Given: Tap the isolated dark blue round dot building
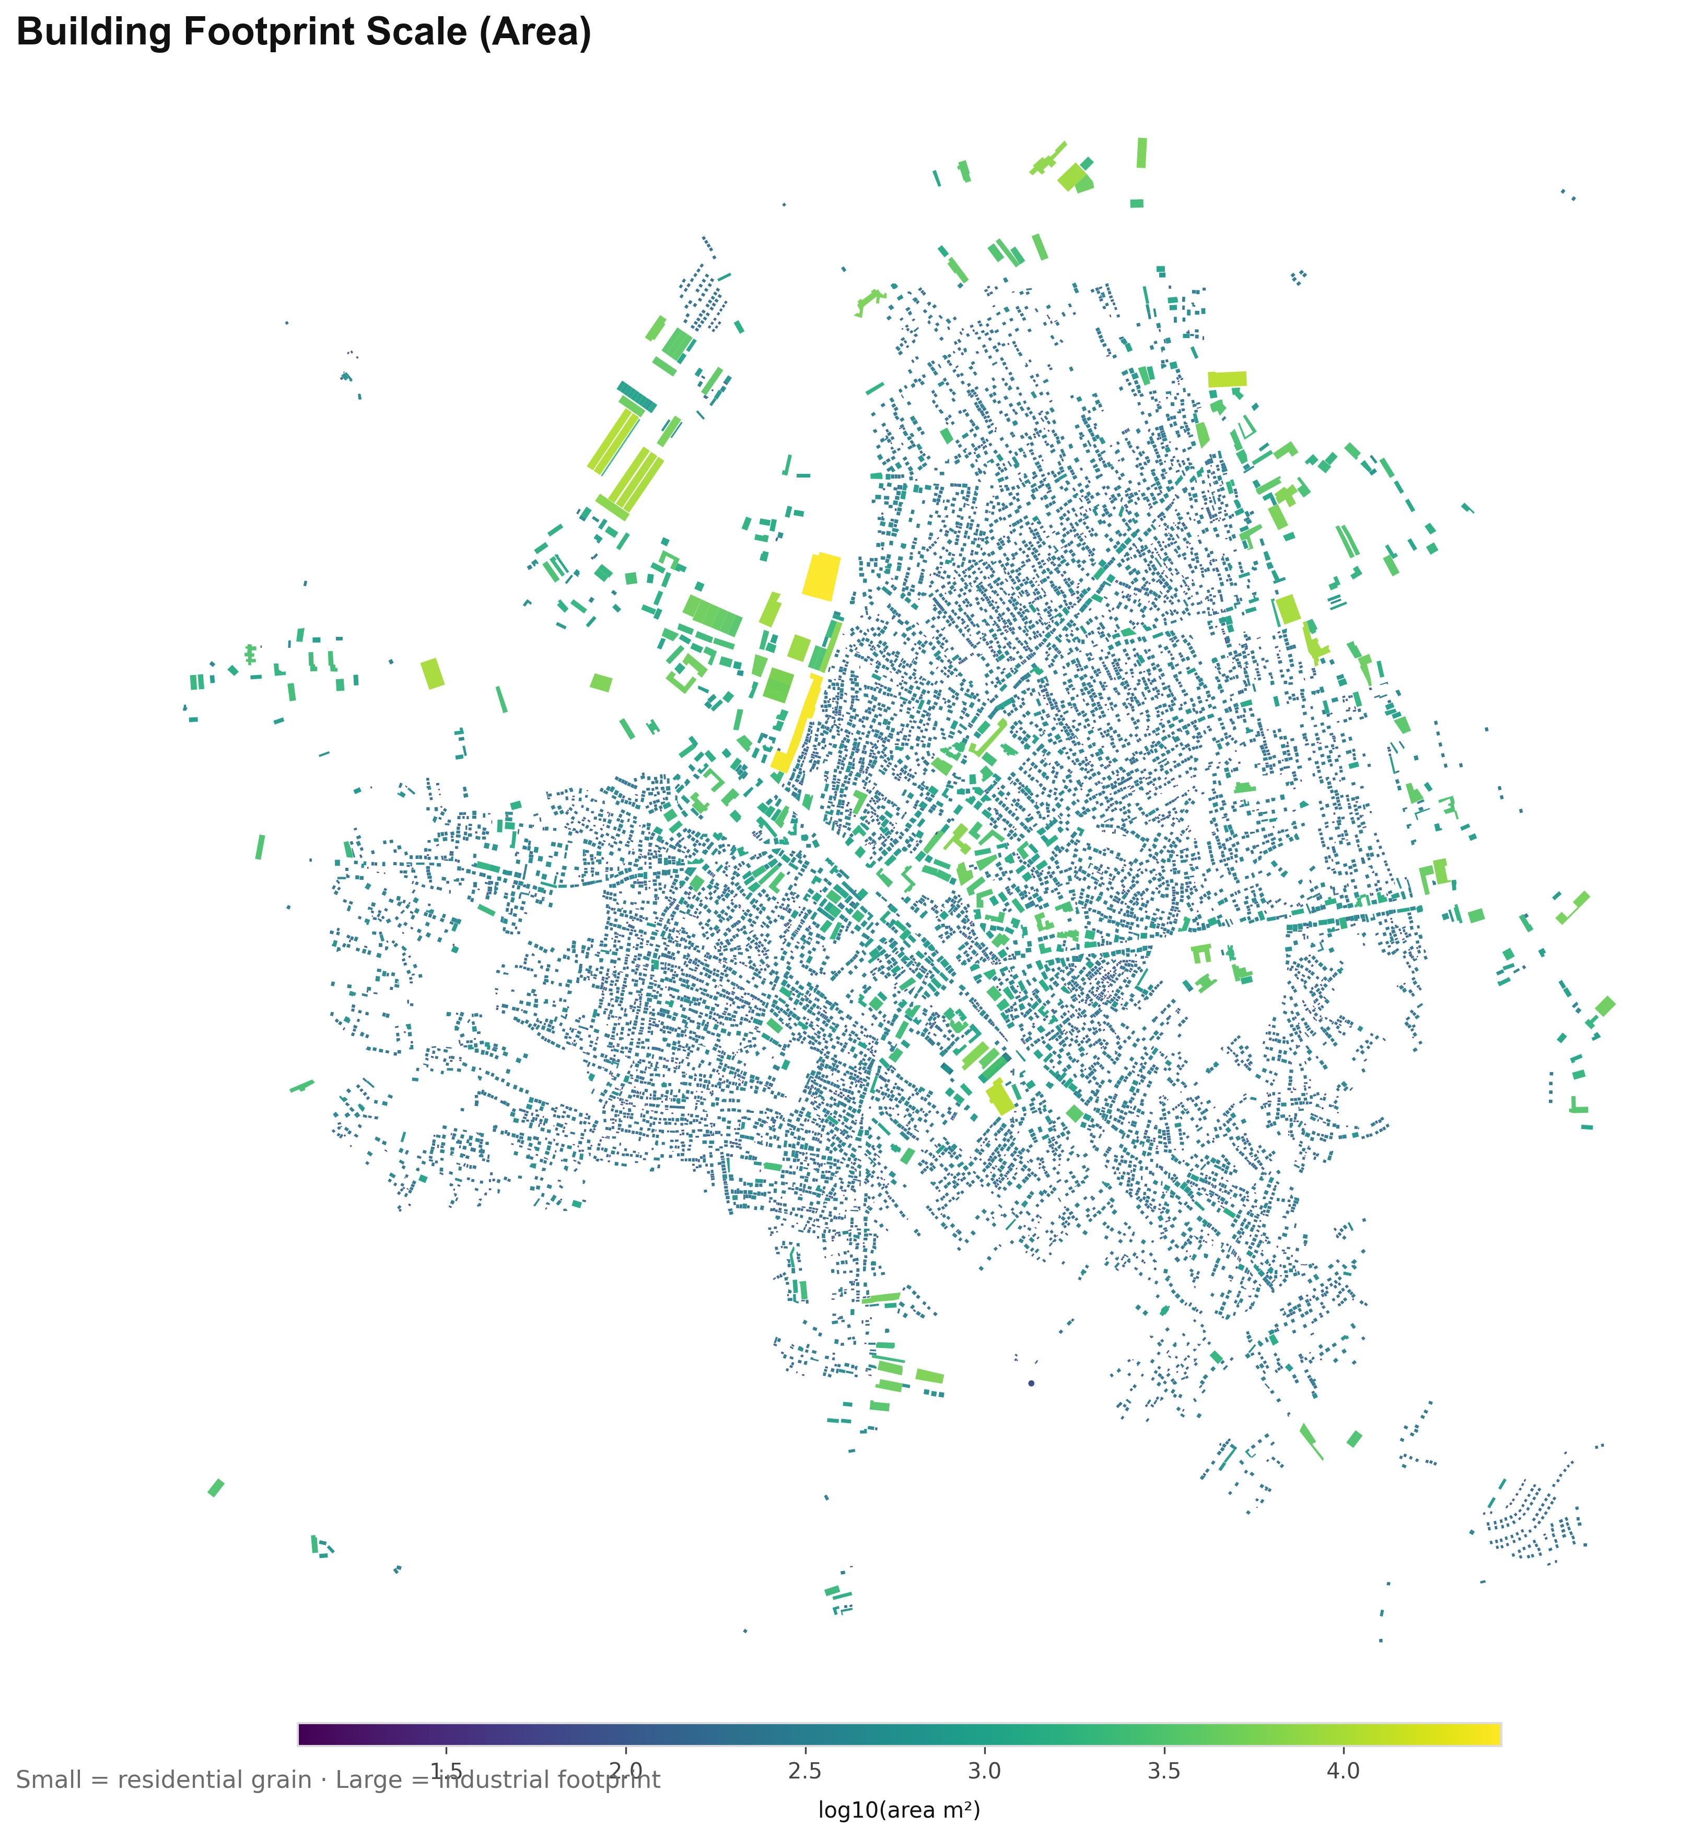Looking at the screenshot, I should point(1031,1382).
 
